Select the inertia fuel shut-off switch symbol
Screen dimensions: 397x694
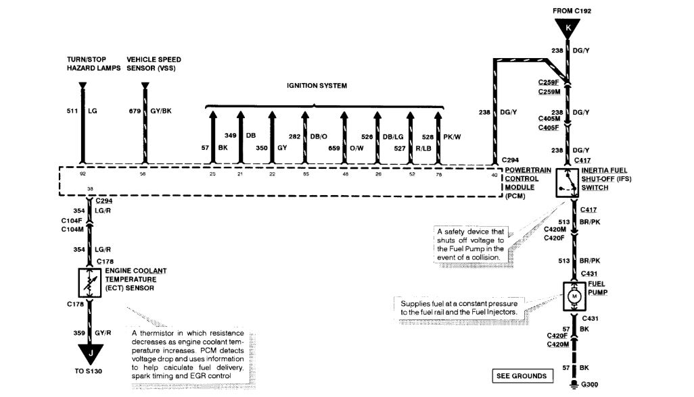coord(569,181)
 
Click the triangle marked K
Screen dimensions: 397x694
coord(568,28)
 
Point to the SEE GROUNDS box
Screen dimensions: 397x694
coord(520,375)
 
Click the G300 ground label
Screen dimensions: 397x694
coord(588,386)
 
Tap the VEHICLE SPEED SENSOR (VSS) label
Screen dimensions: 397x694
coord(154,64)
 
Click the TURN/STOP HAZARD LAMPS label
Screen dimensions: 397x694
coord(94,64)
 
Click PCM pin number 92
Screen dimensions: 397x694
coord(83,174)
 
